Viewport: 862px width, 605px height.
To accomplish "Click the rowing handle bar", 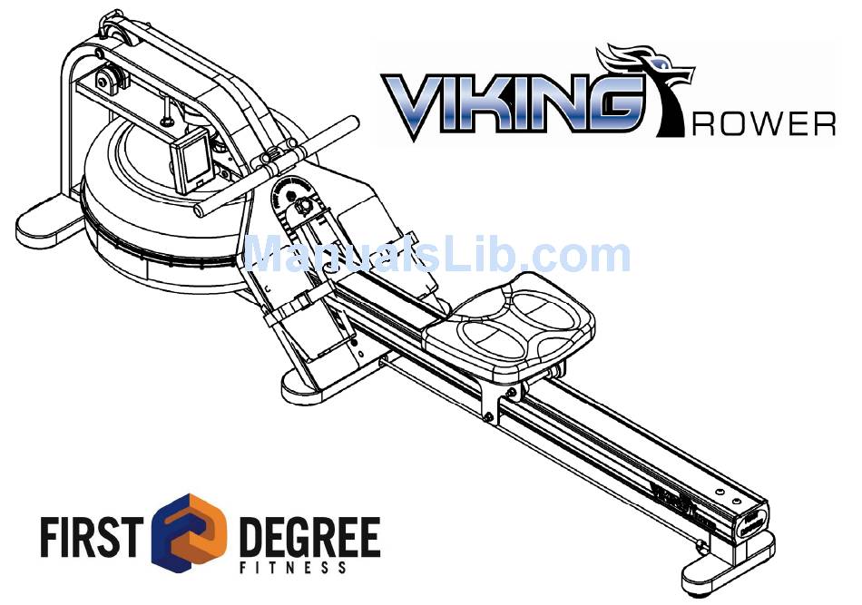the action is coord(272,163).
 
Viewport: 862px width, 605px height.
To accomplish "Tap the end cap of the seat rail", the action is coord(751,521).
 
